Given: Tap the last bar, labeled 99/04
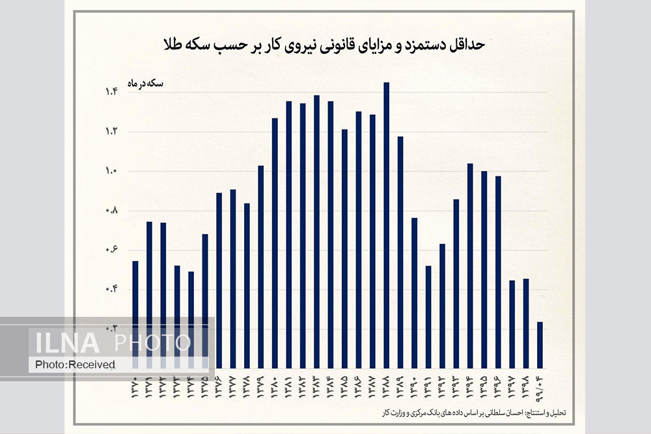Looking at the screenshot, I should (x=540, y=345).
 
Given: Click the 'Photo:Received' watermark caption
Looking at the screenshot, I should (x=75, y=364).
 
